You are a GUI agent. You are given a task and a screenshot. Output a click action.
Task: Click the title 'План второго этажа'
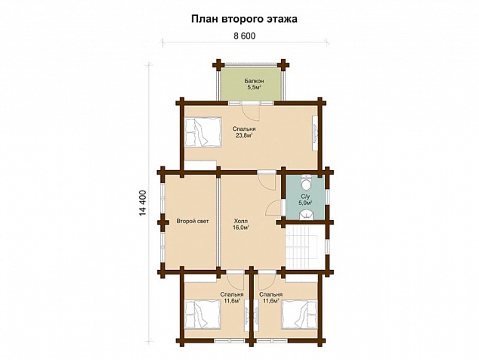(244, 19)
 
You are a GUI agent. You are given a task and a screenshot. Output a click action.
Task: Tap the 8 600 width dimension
(244, 36)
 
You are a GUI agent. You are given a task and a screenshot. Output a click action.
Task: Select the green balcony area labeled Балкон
(251, 83)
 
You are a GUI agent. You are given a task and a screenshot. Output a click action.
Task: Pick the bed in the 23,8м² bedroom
(202, 132)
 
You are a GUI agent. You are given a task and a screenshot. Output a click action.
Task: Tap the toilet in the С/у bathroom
(306, 183)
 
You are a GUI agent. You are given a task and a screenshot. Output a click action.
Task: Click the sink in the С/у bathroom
(306, 215)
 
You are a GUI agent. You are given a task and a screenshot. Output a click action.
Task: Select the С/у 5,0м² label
(305, 199)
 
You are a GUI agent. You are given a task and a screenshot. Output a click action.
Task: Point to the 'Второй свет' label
(193, 221)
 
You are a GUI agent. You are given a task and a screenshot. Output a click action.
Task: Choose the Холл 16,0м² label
(241, 224)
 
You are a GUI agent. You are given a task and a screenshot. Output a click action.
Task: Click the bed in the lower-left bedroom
(202, 314)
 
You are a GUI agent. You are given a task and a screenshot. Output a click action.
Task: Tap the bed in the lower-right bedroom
(299, 314)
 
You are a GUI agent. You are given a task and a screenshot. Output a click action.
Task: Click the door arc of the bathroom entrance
(273, 208)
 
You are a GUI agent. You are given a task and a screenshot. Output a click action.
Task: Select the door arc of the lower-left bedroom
(235, 280)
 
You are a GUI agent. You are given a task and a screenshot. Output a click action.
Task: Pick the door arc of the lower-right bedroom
(267, 281)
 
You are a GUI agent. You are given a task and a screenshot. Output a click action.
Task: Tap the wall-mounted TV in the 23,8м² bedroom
(315, 133)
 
